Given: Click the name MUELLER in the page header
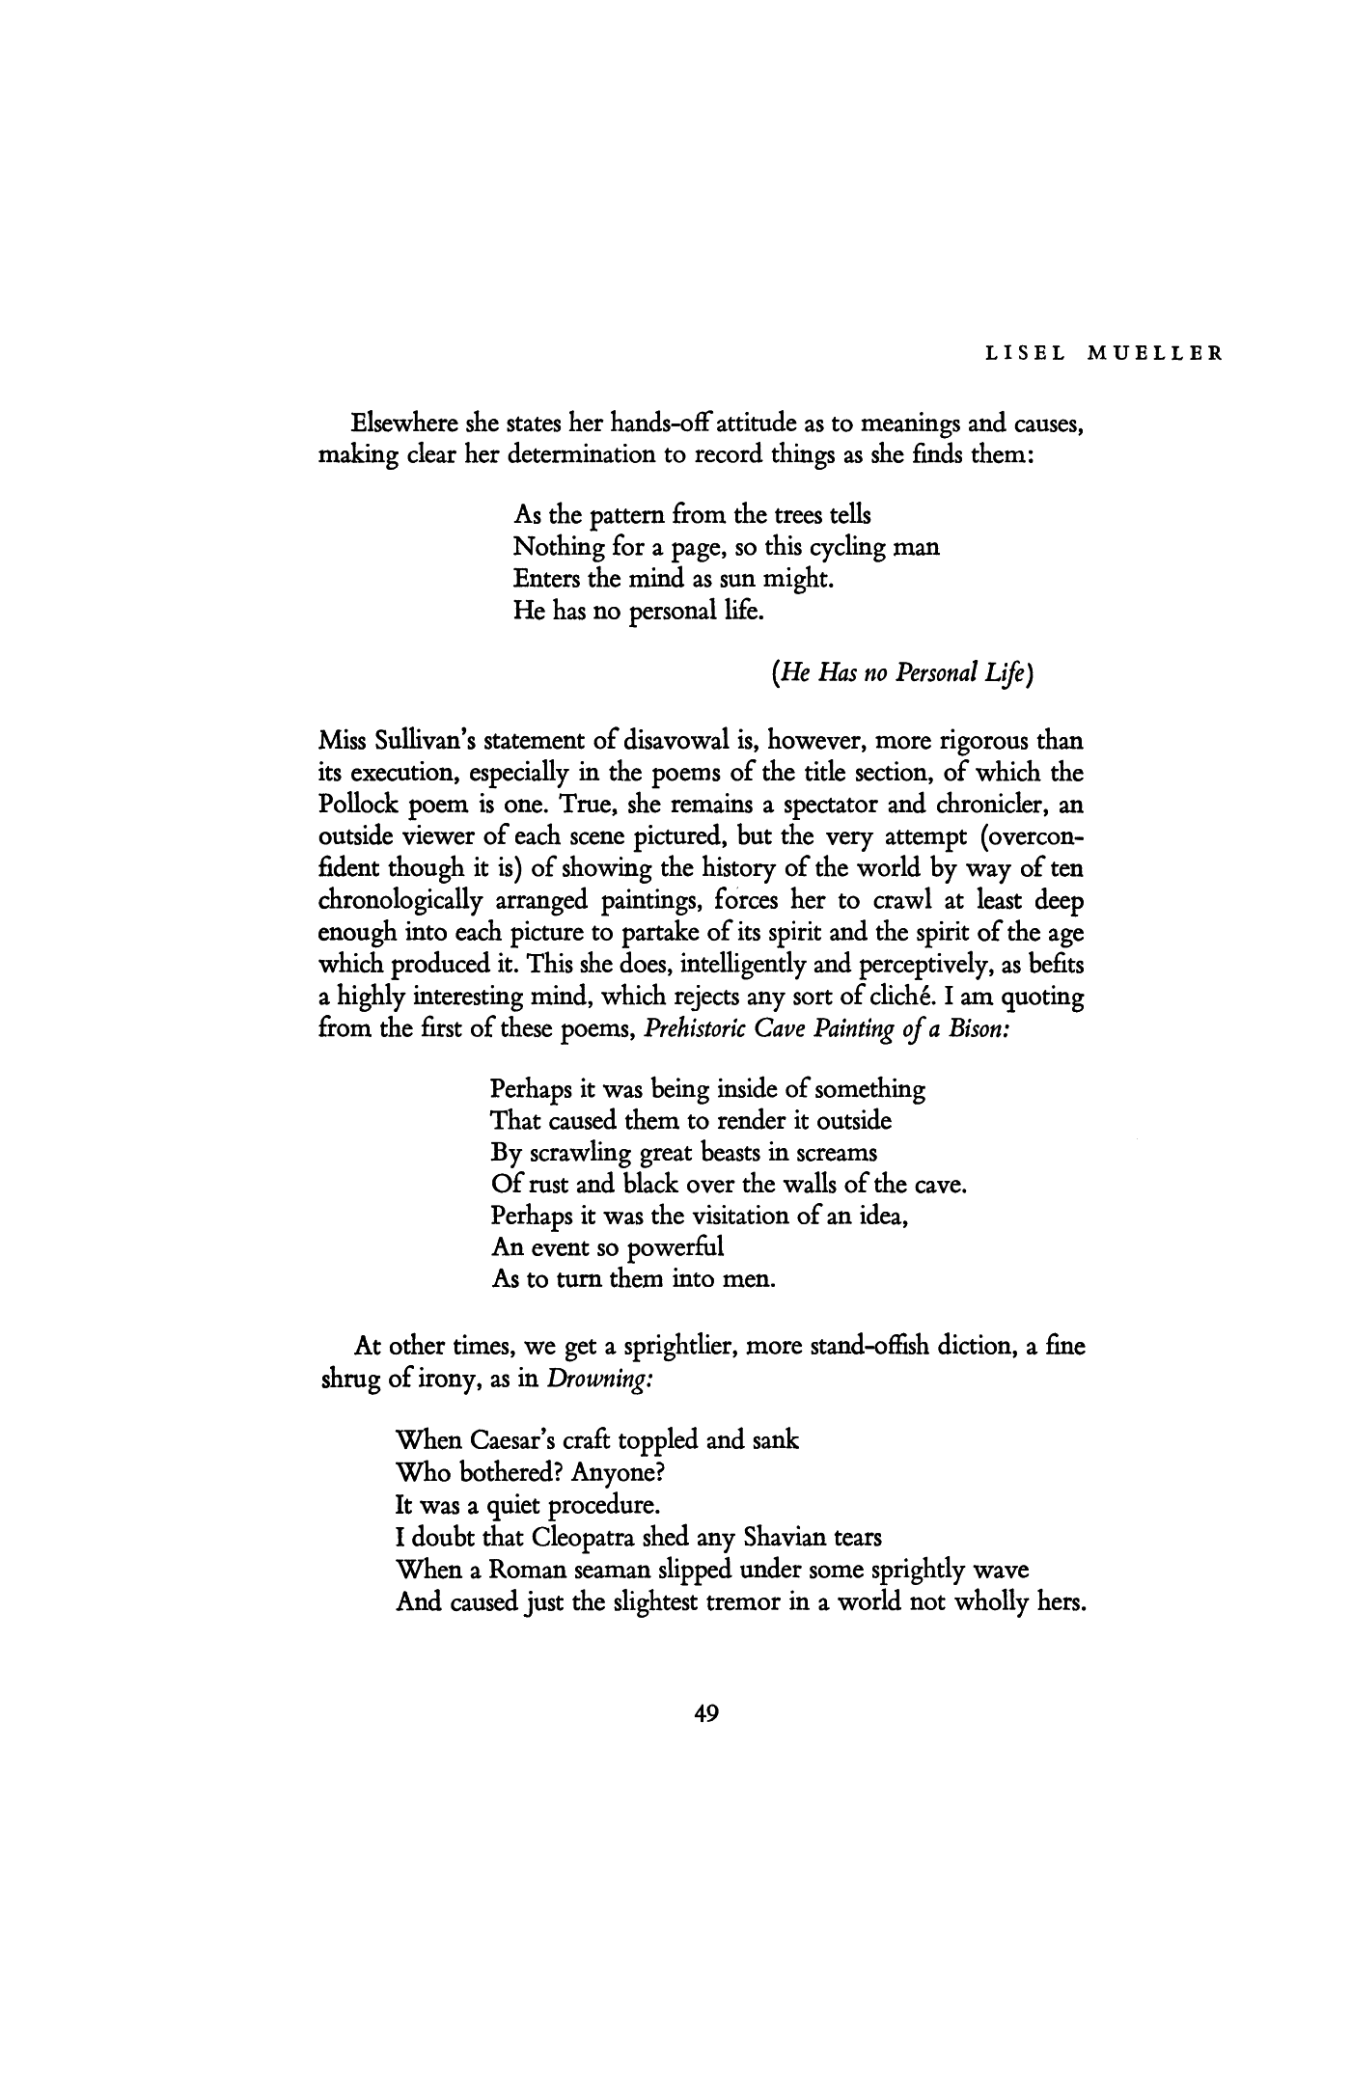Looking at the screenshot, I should pos(1155,353).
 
